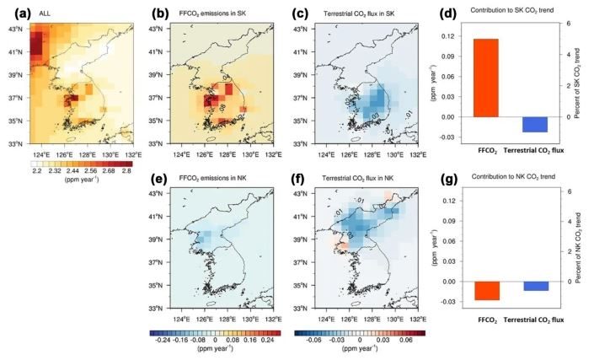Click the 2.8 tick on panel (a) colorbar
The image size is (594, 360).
(126, 169)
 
